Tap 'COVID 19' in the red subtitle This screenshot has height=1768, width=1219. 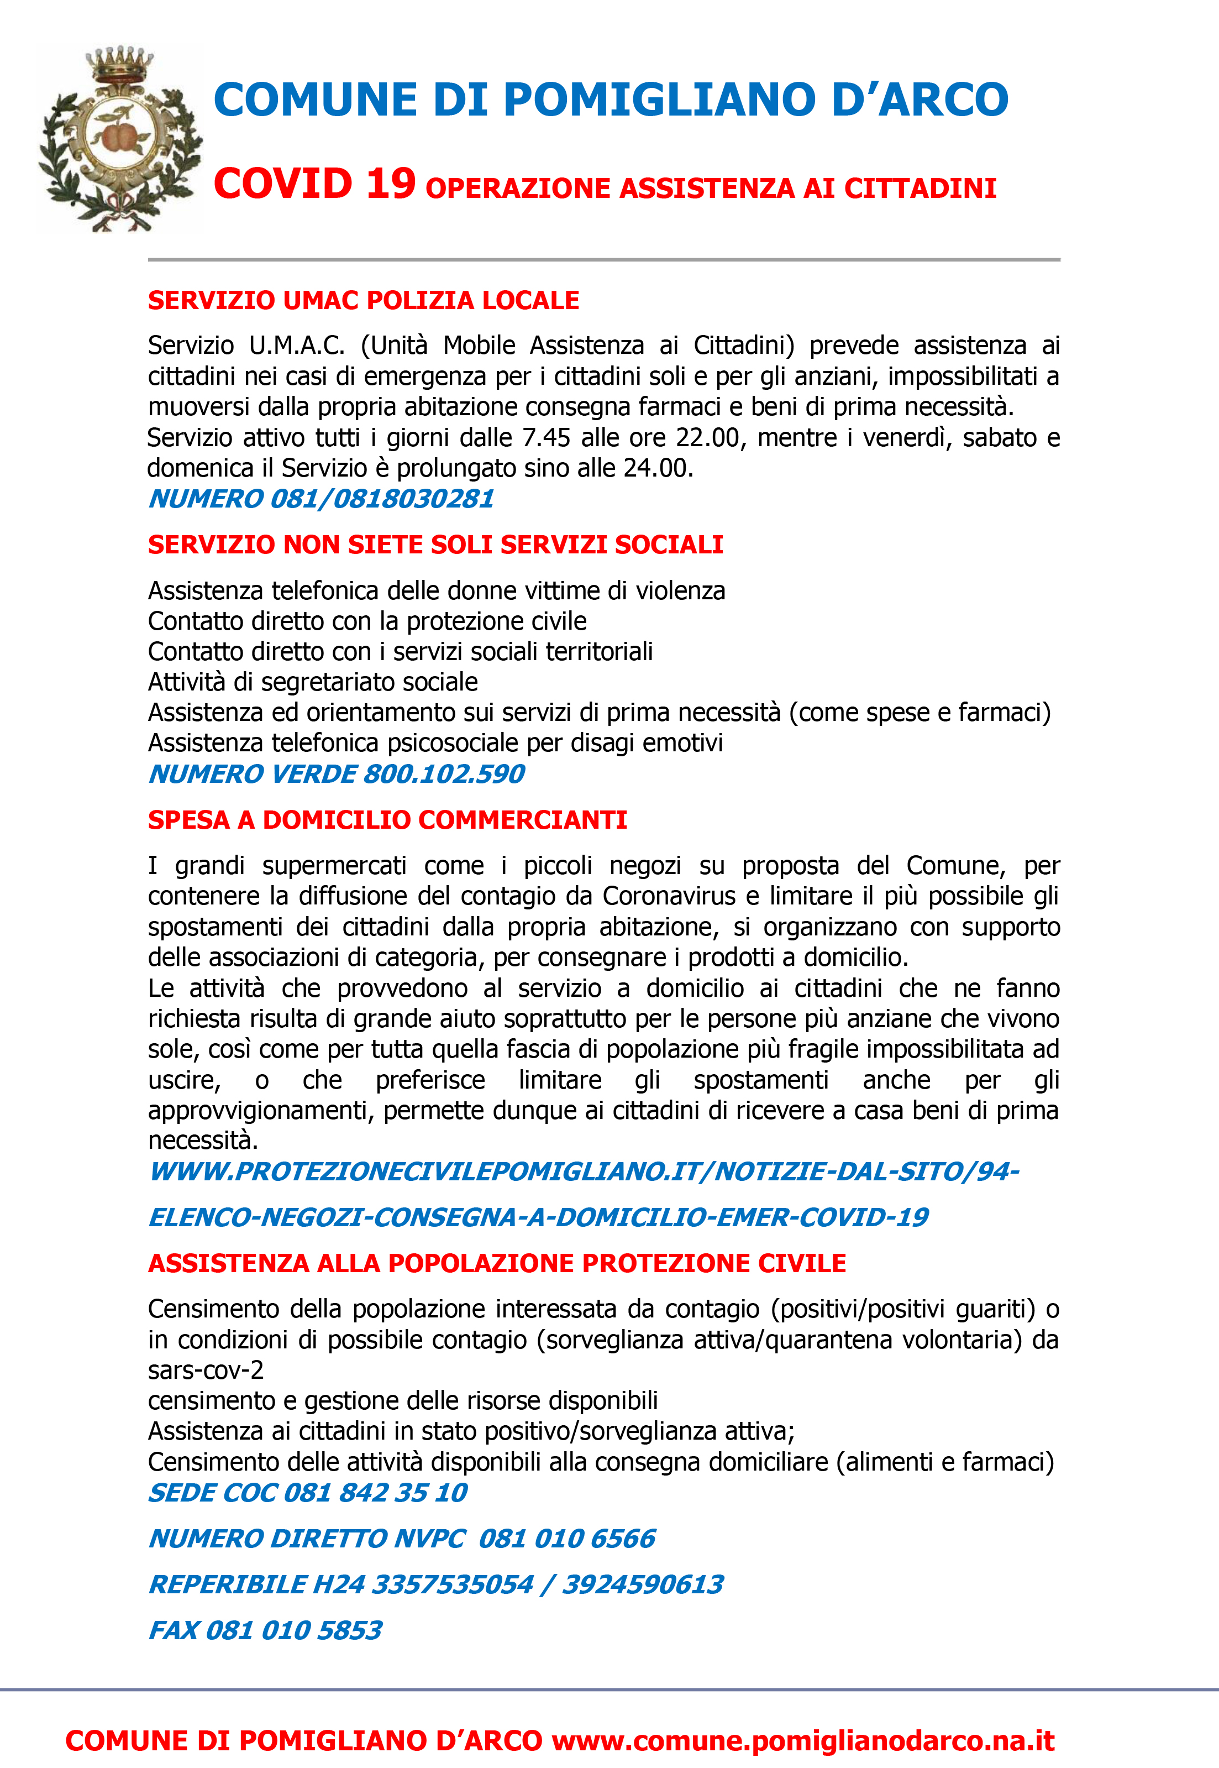click(314, 184)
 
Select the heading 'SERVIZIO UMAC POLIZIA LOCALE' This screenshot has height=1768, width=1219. click(364, 300)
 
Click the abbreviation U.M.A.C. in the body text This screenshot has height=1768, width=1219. click(297, 346)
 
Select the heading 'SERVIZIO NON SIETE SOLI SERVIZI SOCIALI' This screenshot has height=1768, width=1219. click(435, 545)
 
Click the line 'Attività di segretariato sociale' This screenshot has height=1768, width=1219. click(313, 682)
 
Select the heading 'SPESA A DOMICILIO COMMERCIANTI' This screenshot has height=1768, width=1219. click(387, 820)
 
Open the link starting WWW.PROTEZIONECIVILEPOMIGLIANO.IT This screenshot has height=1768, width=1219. click(584, 1171)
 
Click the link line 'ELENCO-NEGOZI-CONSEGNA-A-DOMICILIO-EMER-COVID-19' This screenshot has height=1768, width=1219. click(538, 1217)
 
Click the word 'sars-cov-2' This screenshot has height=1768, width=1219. click(206, 1370)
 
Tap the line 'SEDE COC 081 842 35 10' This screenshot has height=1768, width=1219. click(308, 1492)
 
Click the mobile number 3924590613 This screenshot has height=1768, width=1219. click(643, 1584)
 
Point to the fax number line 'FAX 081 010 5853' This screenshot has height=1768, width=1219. click(265, 1630)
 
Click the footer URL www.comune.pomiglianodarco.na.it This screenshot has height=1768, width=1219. click(803, 1740)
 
